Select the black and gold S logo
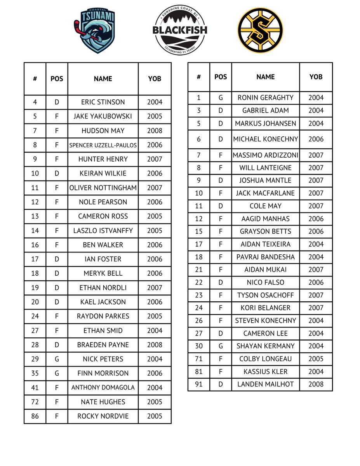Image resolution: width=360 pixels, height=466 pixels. (x=260, y=30)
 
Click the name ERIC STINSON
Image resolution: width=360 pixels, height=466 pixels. (x=103, y=102)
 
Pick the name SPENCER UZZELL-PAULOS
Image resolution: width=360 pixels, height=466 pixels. (x=103, y=145)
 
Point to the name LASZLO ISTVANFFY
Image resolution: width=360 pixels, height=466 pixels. (x=103, y=231)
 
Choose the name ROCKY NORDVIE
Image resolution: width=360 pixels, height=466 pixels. (x=103, y=416)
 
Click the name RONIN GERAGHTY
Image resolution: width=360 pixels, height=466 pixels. (x=265, y=98)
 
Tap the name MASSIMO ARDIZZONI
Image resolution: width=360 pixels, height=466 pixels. (x=265, y=155)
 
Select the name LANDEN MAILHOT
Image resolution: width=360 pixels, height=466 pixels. (x=265, y=384)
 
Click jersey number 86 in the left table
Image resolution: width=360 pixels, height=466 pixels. (x=35, y=416)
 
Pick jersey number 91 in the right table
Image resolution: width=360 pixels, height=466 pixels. (x=198, y=384)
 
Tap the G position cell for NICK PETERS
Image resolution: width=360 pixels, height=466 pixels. (x=57, y=359)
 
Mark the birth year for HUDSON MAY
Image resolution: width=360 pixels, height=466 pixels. (x=155, y=131)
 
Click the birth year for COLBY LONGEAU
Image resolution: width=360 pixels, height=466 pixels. (x=316, y=359)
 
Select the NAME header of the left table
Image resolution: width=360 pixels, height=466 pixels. (x=103, y=79)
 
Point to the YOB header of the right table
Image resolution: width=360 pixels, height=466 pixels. (x=316, y=77)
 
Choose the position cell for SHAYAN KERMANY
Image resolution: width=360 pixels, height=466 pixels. (x=221, y=346)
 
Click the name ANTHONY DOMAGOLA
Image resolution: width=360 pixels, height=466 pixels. (x=103, y=388)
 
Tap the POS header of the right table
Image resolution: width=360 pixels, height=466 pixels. (x=221, y=77)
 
